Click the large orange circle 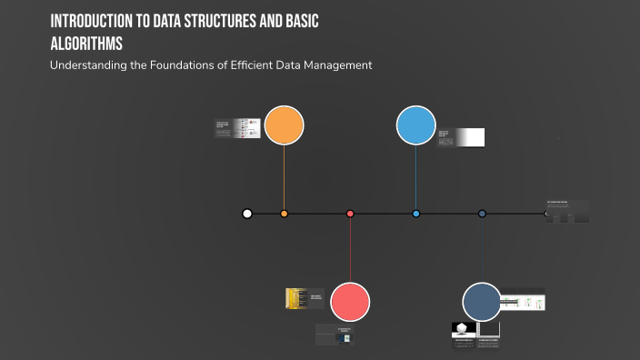pyautogui.click(x=284, y=125)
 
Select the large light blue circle pyautogui.click(x=415, y=125)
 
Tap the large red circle pyautogui.click(x=350, y=302)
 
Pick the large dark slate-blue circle pyautogui.click(x=482, y=302)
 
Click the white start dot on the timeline pyautogui.click(x=247, y=214)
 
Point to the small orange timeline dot pyautogui.click(x=284, y=214)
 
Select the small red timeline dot pyautogui.click(x=350, y=214)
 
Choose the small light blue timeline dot pyautogui.click(x=415, y=214)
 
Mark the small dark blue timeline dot pyautogui.click(x=482, y=214)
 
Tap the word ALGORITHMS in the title pyautogui.click(x=87, y=43)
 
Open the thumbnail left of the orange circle pyautogui.click(x=237, y=128)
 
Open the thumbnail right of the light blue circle pyautogui.click(x=460, y=137)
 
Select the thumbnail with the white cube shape pyautogui.click(x=464, y=332)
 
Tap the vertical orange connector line pyautogui.click(x=284, y=177)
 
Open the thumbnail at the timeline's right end pyautogui.click(x=567, y=211)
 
